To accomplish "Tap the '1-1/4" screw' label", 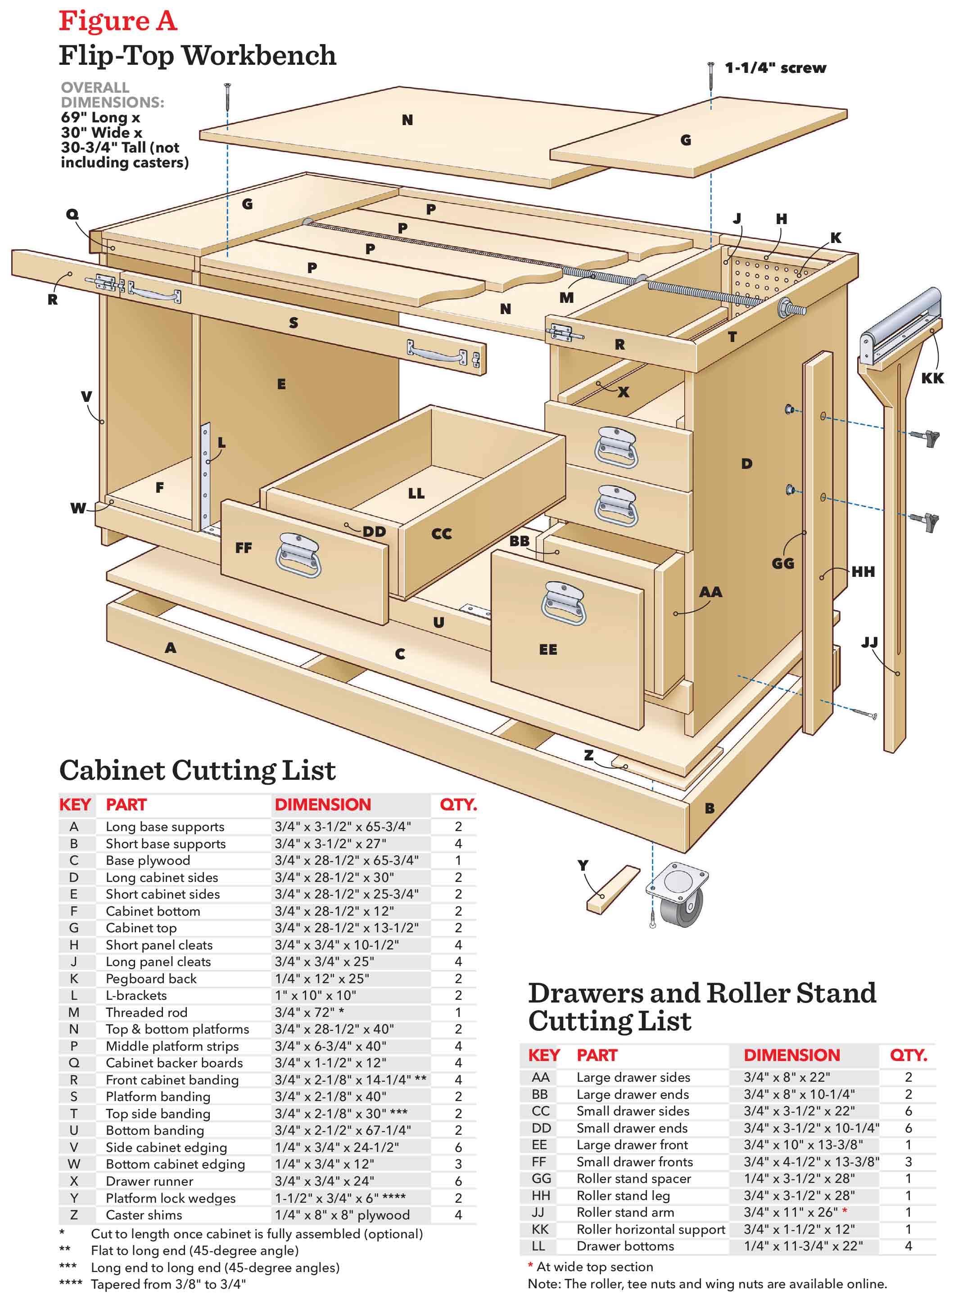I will [775, 68].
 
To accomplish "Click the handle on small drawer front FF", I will [298, 555].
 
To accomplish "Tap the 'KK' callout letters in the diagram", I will [932, 378].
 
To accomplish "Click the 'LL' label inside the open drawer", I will [416, 493].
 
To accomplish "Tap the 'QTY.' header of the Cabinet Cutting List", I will [457, 805].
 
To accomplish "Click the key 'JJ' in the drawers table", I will [539, 1212].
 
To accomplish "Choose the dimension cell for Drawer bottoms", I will [803, 1246].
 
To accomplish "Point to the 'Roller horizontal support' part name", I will [650, 1229].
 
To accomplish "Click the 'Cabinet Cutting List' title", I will [197, 770].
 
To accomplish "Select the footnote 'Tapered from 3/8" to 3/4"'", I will [168, 1284].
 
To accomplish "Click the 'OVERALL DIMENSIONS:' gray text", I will [113, 95].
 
